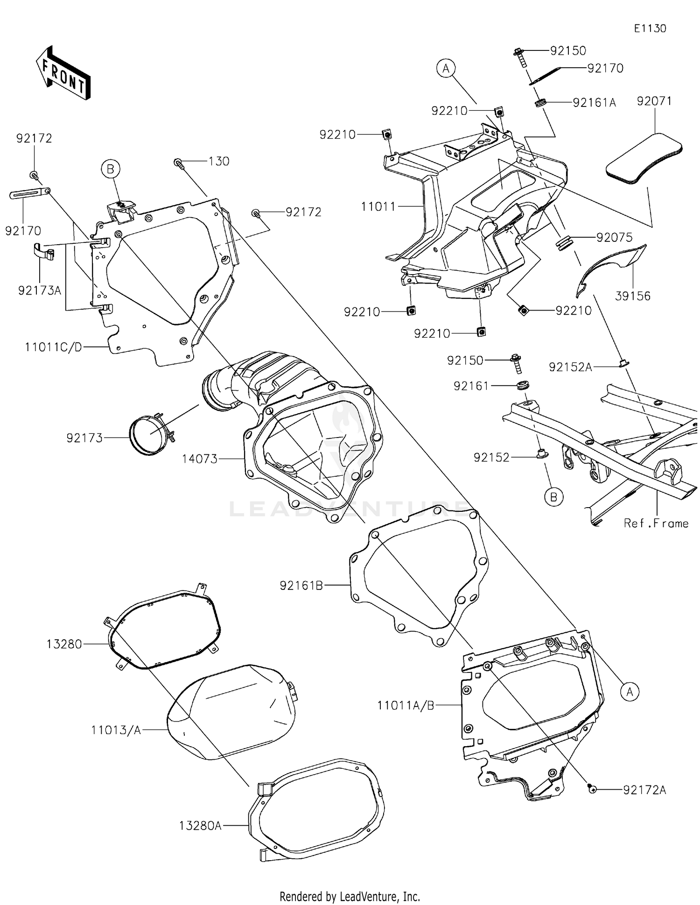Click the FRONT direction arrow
(63, 72)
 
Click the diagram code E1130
(650, 28)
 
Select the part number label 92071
(654, 101)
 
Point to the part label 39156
(632, 296)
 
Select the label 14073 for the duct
(200, 459)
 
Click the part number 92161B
(301, 585)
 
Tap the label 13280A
(200, 826)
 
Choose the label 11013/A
(116, 730)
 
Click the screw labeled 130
(178, 163)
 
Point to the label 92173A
(40, 290)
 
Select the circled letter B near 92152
(553, 497)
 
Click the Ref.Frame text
(656, 523)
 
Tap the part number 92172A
(644, 790)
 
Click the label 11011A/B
(406, 705)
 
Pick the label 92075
(614, 237)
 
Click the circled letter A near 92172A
(630, 691)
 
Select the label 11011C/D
(53, 347)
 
